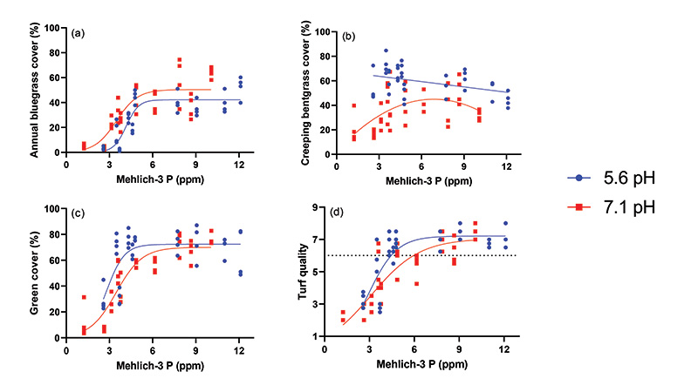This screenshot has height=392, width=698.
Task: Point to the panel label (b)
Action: pos(349,37)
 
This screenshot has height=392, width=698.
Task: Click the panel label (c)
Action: pos(78,215)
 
